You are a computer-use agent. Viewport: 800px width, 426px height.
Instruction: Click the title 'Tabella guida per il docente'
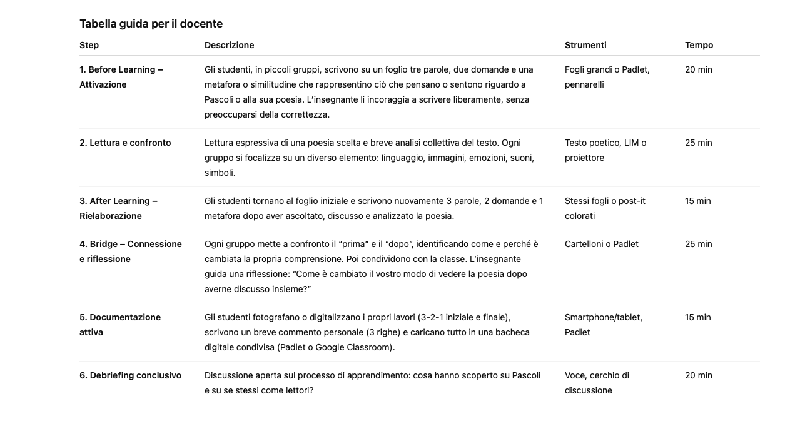(151, 24)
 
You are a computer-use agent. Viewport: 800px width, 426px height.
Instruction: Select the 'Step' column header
(89, 45)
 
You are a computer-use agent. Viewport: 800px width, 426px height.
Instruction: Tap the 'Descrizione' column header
(229, 45)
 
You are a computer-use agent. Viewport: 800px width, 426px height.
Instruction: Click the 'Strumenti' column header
(585, 45)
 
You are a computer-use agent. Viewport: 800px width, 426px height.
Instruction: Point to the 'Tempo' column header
(699, 45)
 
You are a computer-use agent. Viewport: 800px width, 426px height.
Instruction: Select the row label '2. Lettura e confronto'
(125, 143)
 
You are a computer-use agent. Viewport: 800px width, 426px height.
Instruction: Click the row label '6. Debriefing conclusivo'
(130, 375)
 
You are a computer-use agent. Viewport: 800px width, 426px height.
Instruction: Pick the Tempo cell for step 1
(699, 69)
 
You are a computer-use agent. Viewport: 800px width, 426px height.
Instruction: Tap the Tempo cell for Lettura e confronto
(699, 143)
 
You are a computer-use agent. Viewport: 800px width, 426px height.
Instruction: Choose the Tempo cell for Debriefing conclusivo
(699, 375)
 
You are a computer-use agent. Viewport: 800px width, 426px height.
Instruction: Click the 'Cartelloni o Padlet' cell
(602, 244)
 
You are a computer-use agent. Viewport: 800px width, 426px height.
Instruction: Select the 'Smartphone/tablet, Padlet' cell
(603, 324)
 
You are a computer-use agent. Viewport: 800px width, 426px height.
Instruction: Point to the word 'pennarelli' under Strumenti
(584, 84)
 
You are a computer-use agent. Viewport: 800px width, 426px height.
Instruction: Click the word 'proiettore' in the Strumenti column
(584, 158)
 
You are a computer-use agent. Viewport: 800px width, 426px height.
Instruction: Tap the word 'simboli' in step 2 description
(219, 173)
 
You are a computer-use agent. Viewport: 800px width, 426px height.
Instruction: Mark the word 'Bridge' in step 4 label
(103, 244)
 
